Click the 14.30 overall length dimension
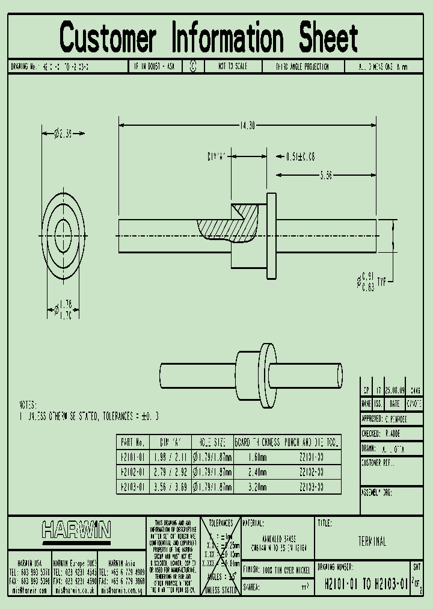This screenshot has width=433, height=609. pos(247,126)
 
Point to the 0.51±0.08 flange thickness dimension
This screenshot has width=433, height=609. pos(299,156)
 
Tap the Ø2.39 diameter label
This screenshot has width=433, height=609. pos(63,132)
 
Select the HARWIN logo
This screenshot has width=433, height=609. pos(76,530)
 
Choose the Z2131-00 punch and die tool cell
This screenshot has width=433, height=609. pos(312,457)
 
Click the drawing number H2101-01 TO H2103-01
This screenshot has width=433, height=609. pos(366,583)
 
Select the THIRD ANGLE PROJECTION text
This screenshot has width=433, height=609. pos(302,67)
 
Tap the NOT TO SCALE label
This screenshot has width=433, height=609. pos(232,67)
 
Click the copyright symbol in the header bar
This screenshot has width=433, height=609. pos(193,67)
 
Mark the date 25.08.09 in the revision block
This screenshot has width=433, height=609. pos(394,390)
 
